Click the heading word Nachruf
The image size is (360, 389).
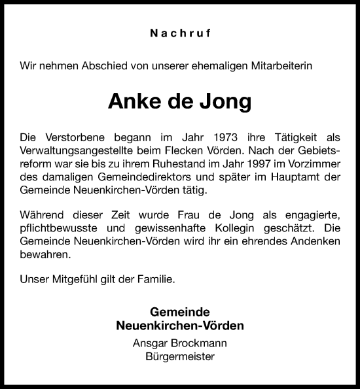(179, 31)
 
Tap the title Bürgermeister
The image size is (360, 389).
(179, 357)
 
